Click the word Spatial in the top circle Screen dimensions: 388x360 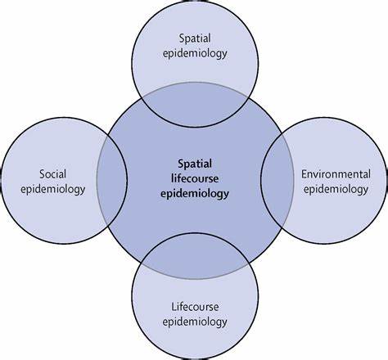click(x=195, y=39)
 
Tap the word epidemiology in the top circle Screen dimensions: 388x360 click(x=195, y=53)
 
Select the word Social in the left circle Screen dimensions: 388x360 click(x=53, y=174)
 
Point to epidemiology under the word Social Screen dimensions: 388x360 click(x=53, y=189)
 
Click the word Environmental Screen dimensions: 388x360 click(x=336, y=174)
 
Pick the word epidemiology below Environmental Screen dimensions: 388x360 click(x=336, y=189)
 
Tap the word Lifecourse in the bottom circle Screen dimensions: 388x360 click(x=195, y=307)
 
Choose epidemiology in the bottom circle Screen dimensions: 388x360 click(x=195, y=322)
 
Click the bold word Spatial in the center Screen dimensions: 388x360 click(x=195, y=164)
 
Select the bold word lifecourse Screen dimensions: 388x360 click(x=195, y=179)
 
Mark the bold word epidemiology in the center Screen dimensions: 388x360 click(x=195, y=194)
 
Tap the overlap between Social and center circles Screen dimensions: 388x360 click(x=112, y=180)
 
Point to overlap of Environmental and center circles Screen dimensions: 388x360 click(x=277, y=180)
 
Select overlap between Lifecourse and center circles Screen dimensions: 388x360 click(x=195, y=256)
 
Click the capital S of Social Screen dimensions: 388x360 click(x=43, y=174)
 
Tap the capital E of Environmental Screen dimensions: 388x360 click(x=304, y=174)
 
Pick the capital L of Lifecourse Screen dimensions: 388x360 click(x=174, y=307)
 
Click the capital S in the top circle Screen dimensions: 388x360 click(x=182, y=38)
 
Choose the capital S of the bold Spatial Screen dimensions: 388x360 click(x=181, y=164)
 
